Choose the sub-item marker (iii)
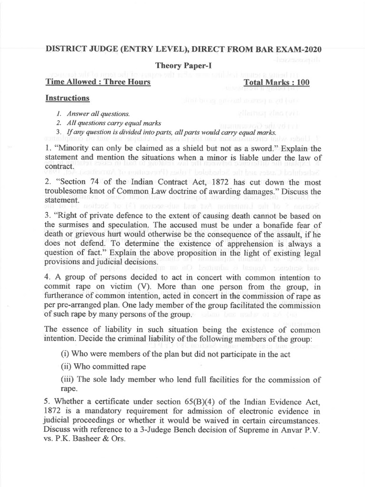coord(70,380)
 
